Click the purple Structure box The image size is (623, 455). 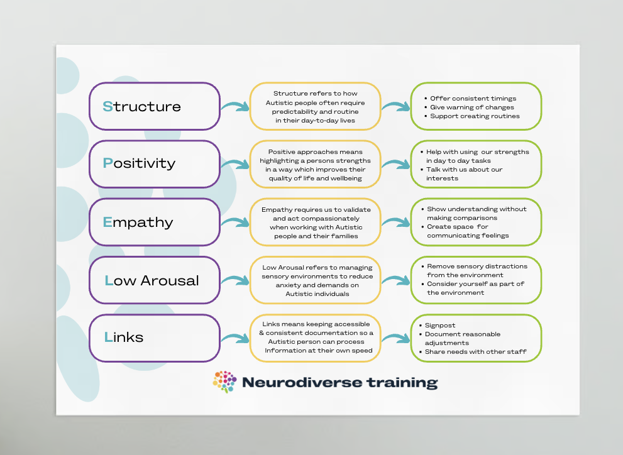(155, 106)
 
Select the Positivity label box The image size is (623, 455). (155, 163)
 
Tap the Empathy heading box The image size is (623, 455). (155, 222)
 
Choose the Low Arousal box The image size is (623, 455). (155, 280)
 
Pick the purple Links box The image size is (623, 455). (155, 337)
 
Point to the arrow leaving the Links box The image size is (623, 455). (235, 339)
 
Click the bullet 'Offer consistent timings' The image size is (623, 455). (472, 99)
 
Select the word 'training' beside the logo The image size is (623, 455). (400, 382)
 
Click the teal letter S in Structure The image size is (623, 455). (108, 107)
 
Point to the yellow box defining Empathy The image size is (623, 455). (315, 222)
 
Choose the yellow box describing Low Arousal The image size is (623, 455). (315, 280)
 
